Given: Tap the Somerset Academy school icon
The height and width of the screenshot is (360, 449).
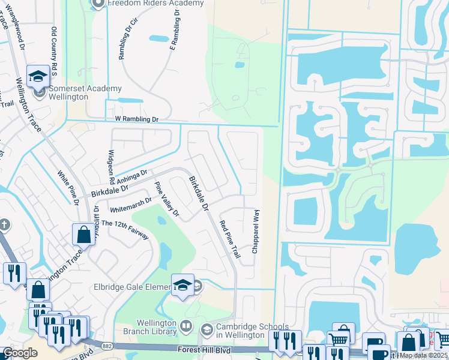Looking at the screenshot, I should pos(38,75).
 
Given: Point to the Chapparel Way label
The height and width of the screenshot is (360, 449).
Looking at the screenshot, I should pos(255,231).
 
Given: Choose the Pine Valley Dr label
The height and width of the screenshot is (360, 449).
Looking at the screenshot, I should pos(167,199).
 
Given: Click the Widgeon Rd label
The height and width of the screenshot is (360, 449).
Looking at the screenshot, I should pos(111,167).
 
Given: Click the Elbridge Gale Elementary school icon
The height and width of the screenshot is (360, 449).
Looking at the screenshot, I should pos(182,286).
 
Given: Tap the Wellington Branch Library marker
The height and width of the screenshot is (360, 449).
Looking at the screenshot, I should pos(186,327).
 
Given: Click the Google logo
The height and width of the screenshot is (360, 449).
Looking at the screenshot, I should pos(20,353).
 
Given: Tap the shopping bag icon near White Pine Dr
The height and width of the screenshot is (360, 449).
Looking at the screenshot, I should pos(83,233).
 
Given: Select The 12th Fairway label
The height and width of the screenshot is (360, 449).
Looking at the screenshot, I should pos(125,230).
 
